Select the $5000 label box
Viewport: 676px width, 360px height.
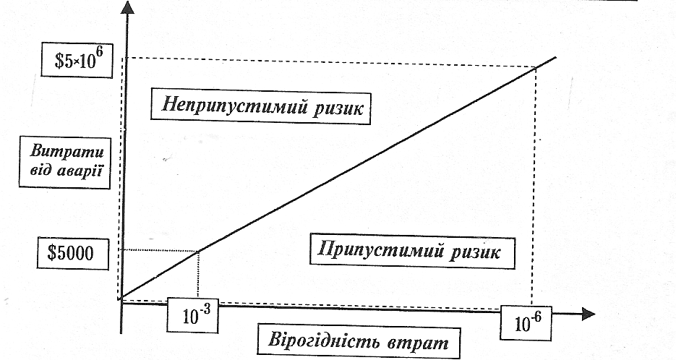tap(73, 254)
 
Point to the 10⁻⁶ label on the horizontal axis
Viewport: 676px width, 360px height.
tap(527, 322)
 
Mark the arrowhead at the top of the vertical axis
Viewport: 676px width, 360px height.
tap(129, 9)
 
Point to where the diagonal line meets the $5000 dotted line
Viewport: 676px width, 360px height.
tap(198, 250)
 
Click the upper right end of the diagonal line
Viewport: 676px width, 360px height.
tap(555, 57)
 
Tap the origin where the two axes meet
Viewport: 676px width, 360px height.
tap(121, 301)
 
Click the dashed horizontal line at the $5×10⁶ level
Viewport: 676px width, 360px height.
tap(325, 58)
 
